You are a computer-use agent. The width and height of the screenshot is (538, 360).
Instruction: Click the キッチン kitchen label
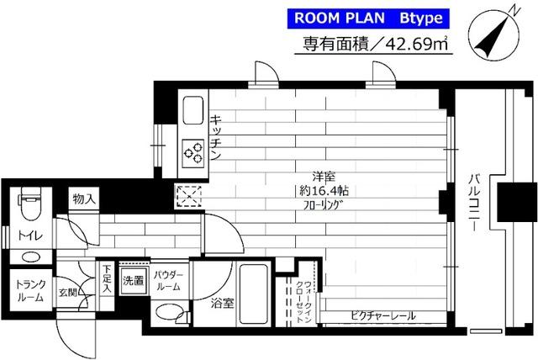215,138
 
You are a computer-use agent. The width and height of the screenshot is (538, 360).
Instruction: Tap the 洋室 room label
316,177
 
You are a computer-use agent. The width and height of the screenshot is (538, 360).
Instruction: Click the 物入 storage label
84,200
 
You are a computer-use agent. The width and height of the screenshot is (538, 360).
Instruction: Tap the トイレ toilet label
31,235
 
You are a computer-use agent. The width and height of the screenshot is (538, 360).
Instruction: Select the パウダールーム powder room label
170,281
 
